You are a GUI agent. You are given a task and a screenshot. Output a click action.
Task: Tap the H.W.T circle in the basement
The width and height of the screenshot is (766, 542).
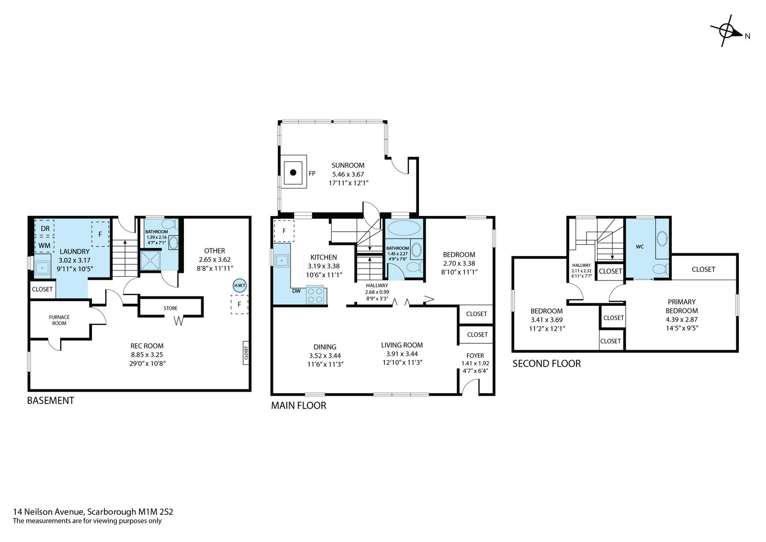coord(239,285)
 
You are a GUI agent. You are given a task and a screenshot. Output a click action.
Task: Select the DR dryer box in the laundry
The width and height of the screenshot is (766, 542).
coord(45,228)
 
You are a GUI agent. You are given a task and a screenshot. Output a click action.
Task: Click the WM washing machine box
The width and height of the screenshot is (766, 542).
coord(45,245)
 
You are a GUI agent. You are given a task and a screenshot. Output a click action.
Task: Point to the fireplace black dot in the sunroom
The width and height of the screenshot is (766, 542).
coord(293,172)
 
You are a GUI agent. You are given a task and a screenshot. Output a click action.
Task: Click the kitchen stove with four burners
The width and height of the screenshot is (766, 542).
coord(315,295)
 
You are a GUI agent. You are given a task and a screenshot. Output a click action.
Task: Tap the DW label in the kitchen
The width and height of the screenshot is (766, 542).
coord(296,291)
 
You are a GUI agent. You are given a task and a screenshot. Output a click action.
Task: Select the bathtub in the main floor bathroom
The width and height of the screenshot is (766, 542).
coord(404,228)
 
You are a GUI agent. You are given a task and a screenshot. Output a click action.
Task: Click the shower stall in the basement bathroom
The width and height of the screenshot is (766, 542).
coord(150,260)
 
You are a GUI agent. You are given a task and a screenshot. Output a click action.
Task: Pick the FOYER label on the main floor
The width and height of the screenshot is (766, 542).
coord(475,356)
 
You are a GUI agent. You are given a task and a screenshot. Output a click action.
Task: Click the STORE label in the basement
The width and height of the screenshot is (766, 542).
coord(170,308)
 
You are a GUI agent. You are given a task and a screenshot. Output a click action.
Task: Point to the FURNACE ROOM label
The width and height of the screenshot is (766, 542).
coord(59,320)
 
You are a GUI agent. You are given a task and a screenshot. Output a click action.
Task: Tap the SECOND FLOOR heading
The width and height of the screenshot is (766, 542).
coord(546,363)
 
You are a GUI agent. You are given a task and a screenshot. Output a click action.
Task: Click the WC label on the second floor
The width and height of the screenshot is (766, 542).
coord(640,247)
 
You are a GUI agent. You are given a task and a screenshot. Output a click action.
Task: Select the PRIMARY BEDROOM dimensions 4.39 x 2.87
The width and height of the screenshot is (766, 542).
coord(682,319)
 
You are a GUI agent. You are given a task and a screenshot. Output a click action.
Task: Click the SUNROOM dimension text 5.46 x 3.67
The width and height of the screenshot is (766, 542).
coord(348,174)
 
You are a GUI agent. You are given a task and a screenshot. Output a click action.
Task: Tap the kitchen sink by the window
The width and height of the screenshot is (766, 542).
coord(282,261)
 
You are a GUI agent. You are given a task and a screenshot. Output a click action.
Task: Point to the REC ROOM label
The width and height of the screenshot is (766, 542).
coord(147,346)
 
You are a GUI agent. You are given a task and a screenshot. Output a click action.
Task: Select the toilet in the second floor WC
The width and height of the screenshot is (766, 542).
coord(660,269)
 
